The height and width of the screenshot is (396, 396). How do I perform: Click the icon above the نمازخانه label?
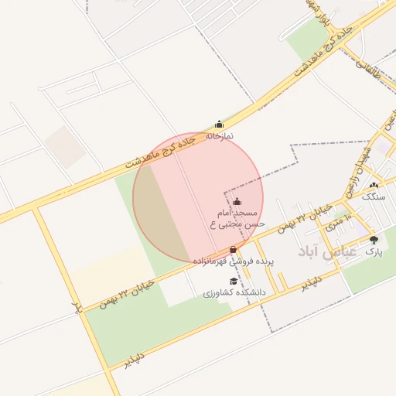click(219, 124)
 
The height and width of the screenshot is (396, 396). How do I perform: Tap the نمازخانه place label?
click(219, 136)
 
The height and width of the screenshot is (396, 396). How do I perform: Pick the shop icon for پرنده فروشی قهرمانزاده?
click(234, 250)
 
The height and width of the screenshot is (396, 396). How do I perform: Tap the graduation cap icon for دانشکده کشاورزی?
click(232, 282)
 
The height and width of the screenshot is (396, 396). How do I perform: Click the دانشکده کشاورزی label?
click(234, 294)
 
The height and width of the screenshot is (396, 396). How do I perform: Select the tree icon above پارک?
click(374, 240)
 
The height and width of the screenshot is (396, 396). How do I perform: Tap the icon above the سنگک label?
click(374, 185)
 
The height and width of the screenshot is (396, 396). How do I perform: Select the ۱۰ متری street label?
click(338, 224)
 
